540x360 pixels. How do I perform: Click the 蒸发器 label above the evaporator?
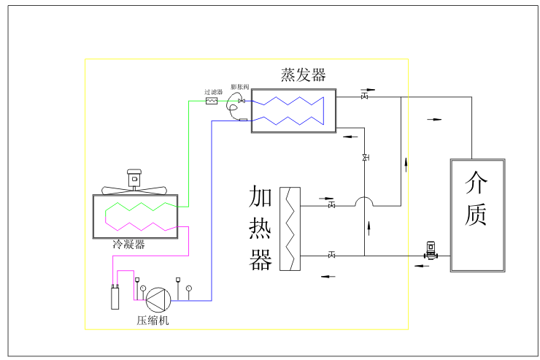[303, 75]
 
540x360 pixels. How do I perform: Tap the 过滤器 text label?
[213, 92]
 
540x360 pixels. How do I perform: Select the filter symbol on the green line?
[212, 101]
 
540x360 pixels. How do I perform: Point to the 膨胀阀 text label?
[240, 87]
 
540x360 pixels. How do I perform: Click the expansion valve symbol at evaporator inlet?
[242, 101]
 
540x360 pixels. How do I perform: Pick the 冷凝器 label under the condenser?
[128, 245]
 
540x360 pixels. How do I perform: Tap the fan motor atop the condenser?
[134, 178]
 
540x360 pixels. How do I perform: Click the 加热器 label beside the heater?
[261, 228]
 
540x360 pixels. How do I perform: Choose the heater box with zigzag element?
[290, 229]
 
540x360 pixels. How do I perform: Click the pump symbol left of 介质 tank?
[431, 253]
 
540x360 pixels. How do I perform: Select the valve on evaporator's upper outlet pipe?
[364, 96]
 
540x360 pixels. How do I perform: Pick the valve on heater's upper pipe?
[332, 206]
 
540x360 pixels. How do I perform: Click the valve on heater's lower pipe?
[332, 256]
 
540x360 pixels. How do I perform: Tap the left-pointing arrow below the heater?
[328, 276]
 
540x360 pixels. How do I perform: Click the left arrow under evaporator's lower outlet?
[350, 137]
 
